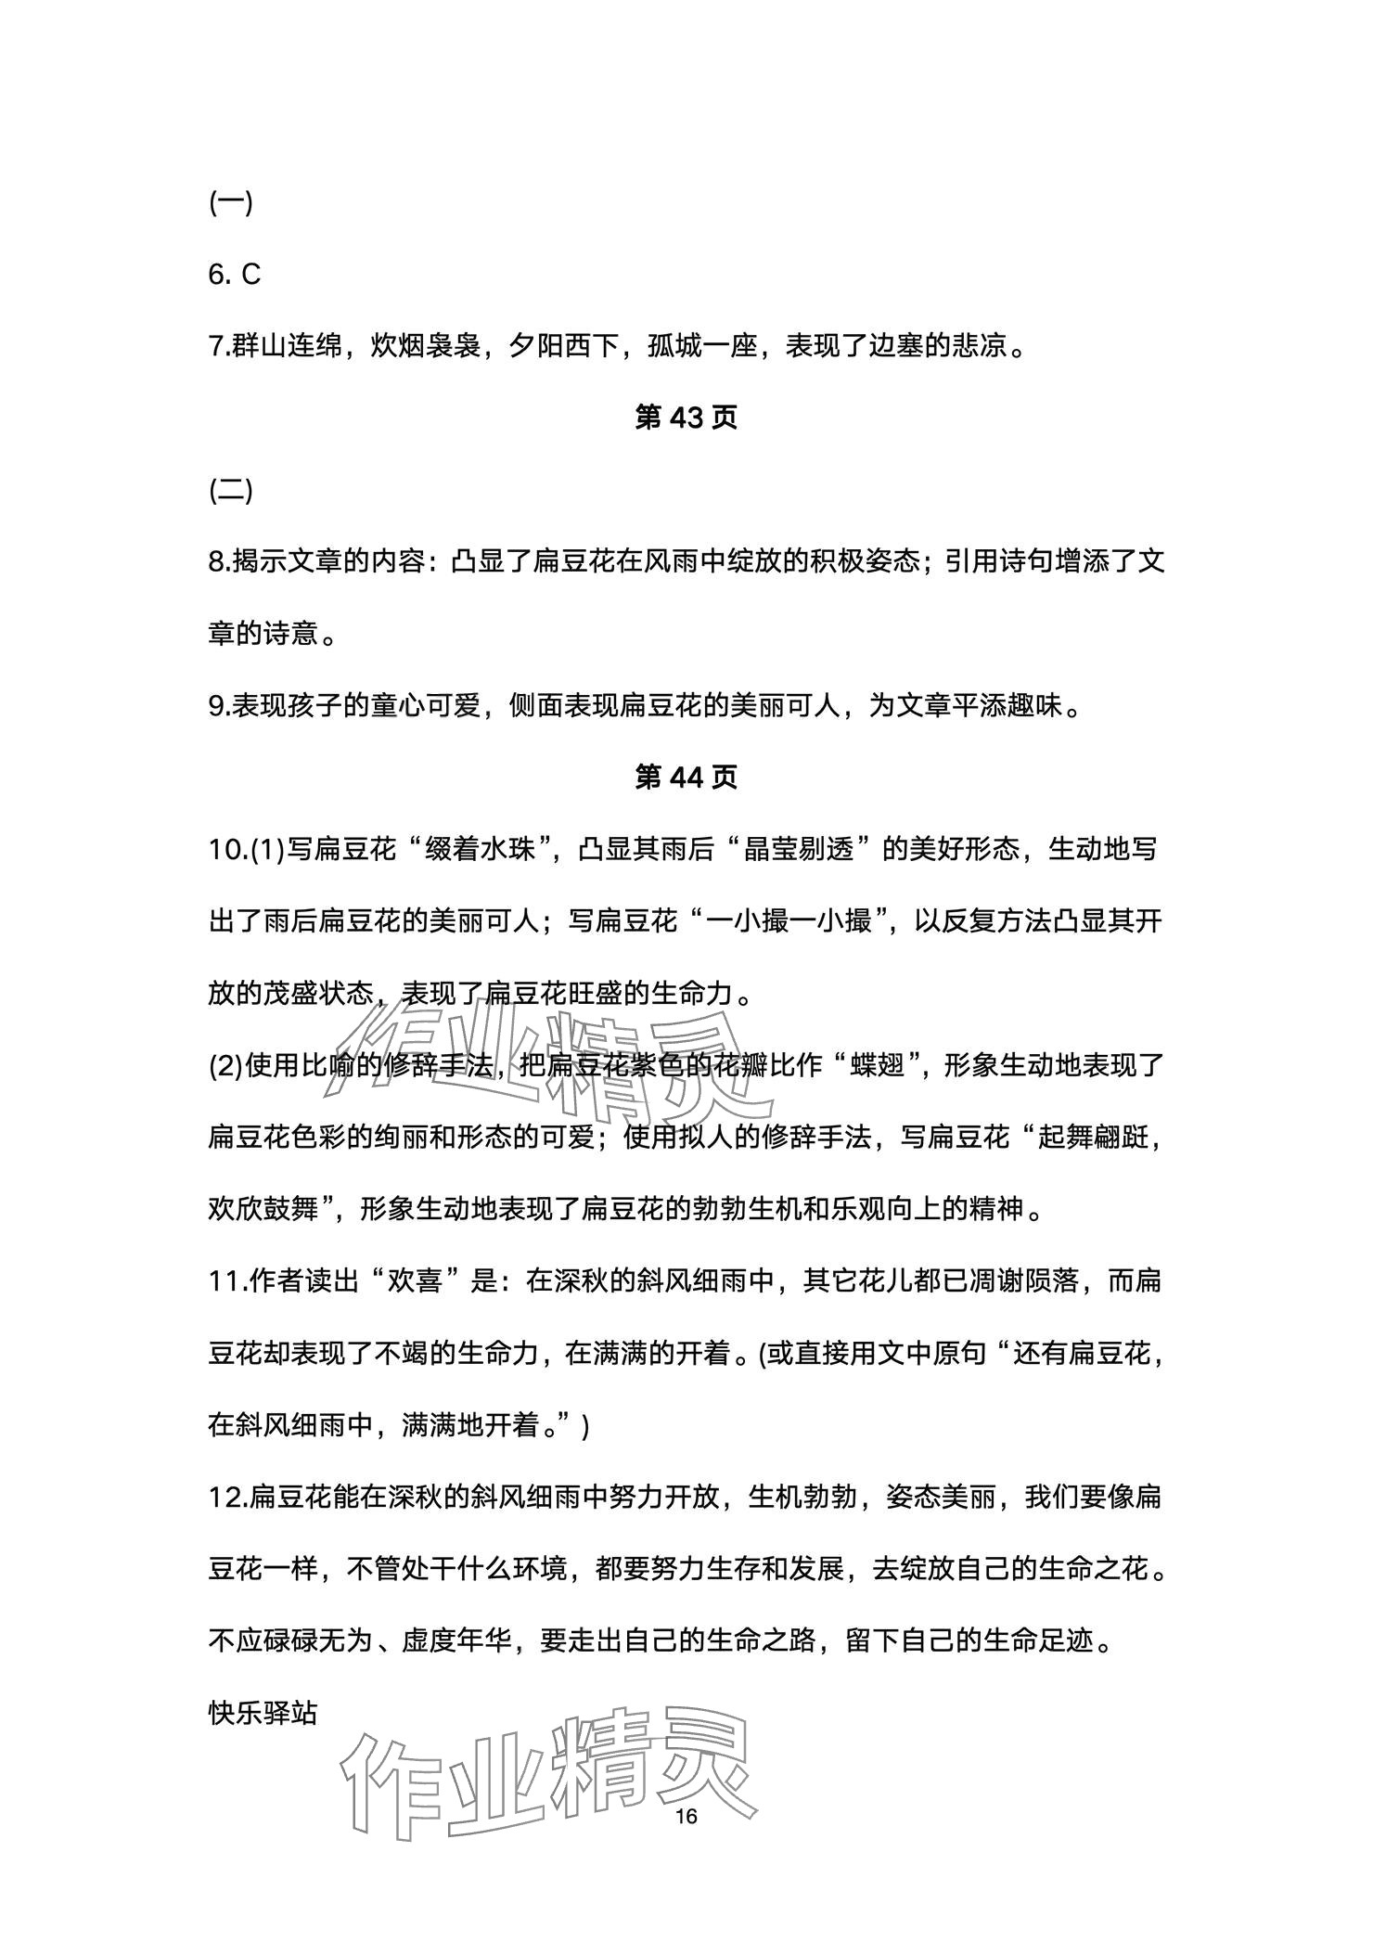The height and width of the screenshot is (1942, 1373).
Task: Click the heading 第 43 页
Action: tap(686, 418)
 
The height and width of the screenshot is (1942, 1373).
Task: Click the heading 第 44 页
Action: tap(686, 778)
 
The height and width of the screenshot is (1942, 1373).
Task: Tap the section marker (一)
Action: tap(231, 203)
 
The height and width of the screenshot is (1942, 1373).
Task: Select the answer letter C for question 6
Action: tap(250, 275)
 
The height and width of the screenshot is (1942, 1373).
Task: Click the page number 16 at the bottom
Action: tap(686, 1816)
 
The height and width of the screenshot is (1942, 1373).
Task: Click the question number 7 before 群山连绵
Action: tap(216, 347)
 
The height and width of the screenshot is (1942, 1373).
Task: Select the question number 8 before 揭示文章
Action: tap(216, 562)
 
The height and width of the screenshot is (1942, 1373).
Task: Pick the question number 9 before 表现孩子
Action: tap(216, 706)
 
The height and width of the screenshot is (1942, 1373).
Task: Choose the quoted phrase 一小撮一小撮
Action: tap(788, 922)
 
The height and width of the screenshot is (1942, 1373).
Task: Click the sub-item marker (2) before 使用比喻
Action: tap(225, 1066)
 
